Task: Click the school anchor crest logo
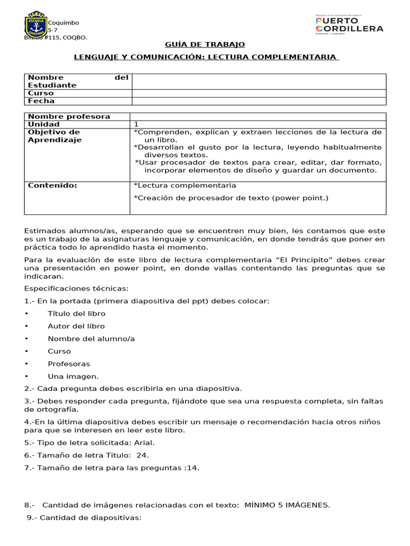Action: [x=35, y=25]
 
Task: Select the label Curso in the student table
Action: [x=41, y=93]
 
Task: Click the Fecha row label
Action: [x=41, y=101]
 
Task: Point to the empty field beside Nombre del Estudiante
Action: [x=258, y=81]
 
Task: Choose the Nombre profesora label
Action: [x=69, y=116]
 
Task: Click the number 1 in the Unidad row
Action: [x=136, y=124]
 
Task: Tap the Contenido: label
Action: [x=52, y=185]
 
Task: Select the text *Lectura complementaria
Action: [x=185, y=185]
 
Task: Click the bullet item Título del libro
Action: [x=76, y=314]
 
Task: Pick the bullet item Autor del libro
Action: [x=76, y=326]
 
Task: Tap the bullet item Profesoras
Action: [x=69, y=364]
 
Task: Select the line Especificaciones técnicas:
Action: [x=76, y=288]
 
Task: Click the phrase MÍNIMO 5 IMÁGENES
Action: [x=287, y=505]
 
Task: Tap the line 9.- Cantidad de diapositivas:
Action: [x=84, y=517]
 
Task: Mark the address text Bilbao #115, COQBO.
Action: [x=56, y=37]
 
